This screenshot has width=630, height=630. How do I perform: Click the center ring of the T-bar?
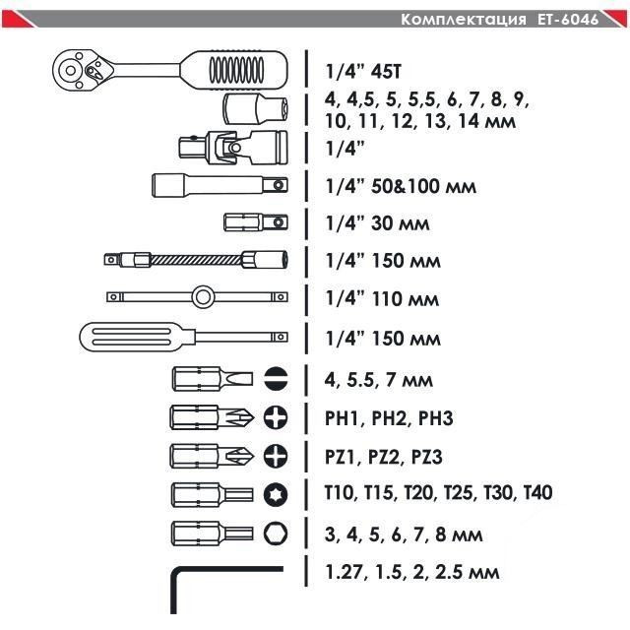[x=203, y=296]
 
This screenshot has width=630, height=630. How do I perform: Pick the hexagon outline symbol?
[x=276, y=533]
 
